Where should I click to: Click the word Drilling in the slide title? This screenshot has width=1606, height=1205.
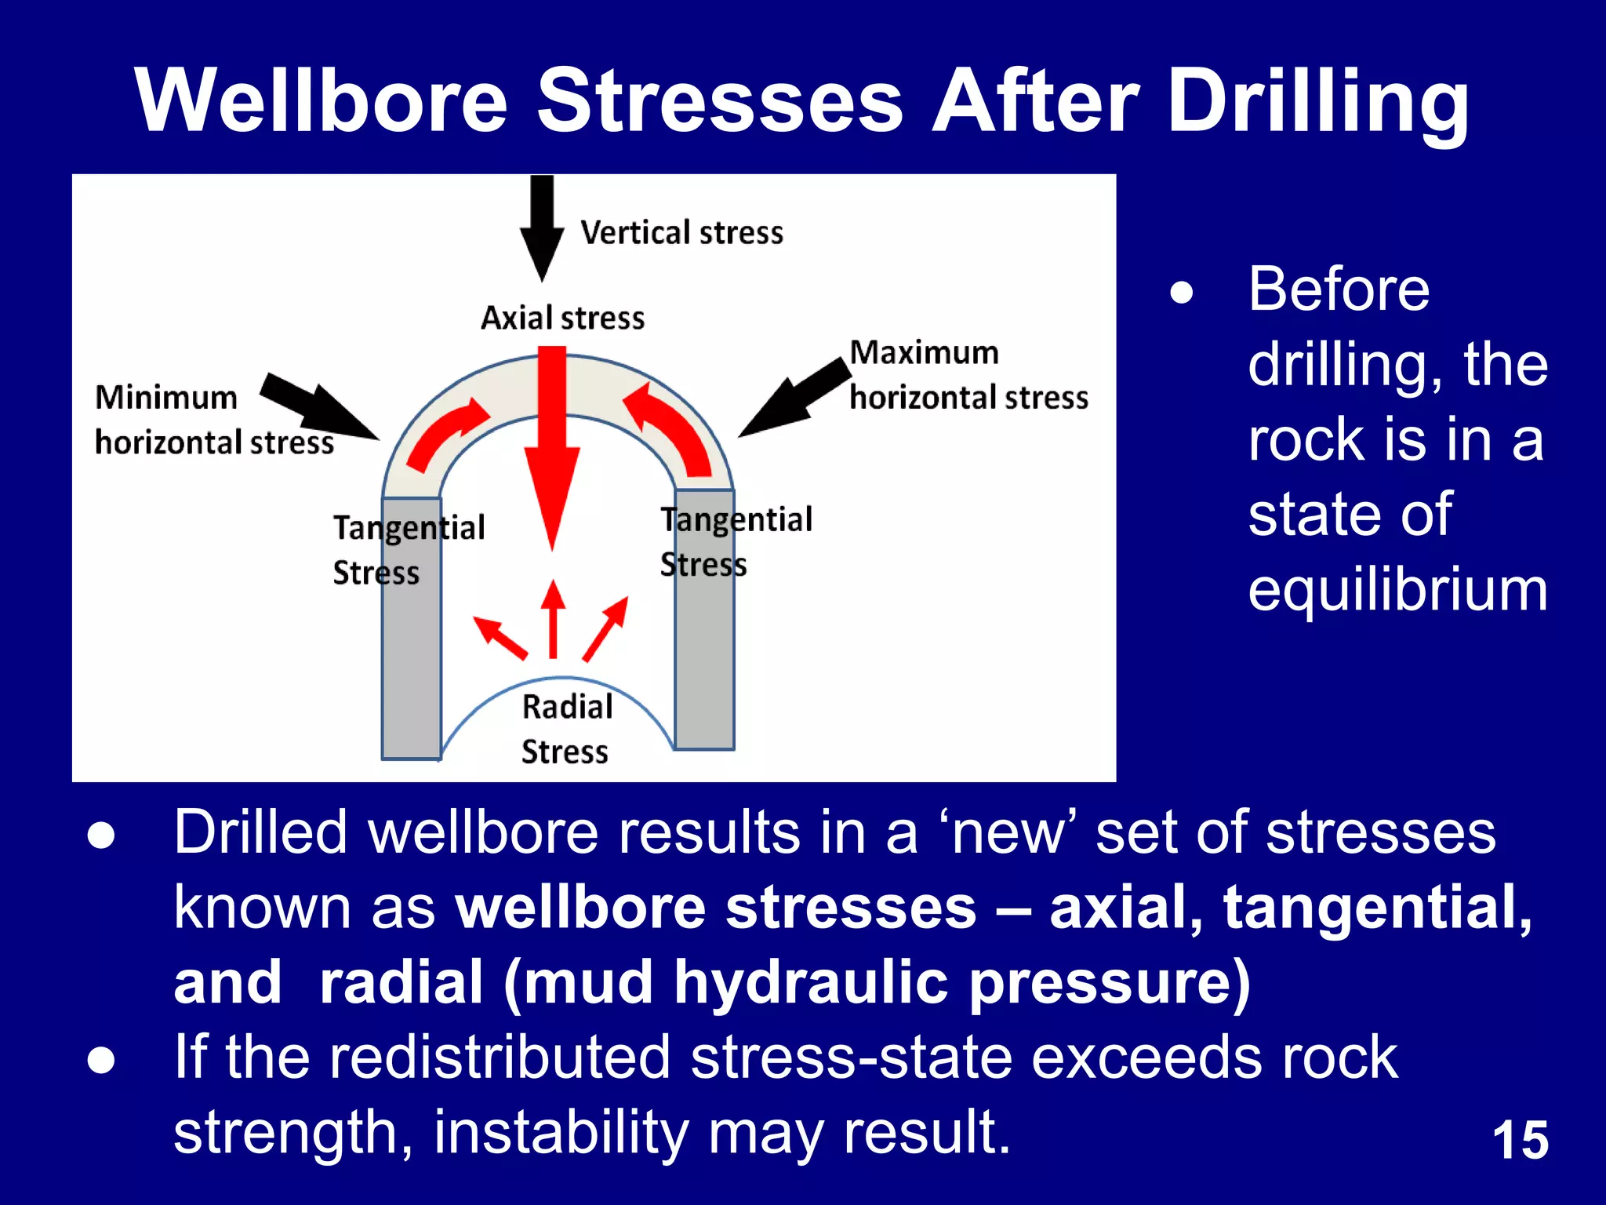pos(1317,102)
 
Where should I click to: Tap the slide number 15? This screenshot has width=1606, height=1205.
pos(1520,1140)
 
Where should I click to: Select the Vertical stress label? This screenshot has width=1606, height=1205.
pos(681,233)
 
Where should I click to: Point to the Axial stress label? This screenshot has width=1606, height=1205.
pos(562,319)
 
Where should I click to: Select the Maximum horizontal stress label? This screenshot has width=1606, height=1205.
pos(968,375)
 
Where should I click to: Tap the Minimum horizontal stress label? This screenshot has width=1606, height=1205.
pos(213,420)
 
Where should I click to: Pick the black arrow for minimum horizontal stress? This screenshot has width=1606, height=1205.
pos(318,404)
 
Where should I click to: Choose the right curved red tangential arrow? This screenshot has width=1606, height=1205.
pos(670,428)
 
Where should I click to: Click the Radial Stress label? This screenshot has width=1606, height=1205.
pos(566,729)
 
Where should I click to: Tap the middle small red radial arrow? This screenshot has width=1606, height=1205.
pos(554,620)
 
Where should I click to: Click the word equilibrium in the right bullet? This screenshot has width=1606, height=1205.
pos(1397,590)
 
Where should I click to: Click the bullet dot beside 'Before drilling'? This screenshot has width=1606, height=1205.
pos(1182,293)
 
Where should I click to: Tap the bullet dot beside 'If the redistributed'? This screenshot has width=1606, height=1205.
pos(102,1060)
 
